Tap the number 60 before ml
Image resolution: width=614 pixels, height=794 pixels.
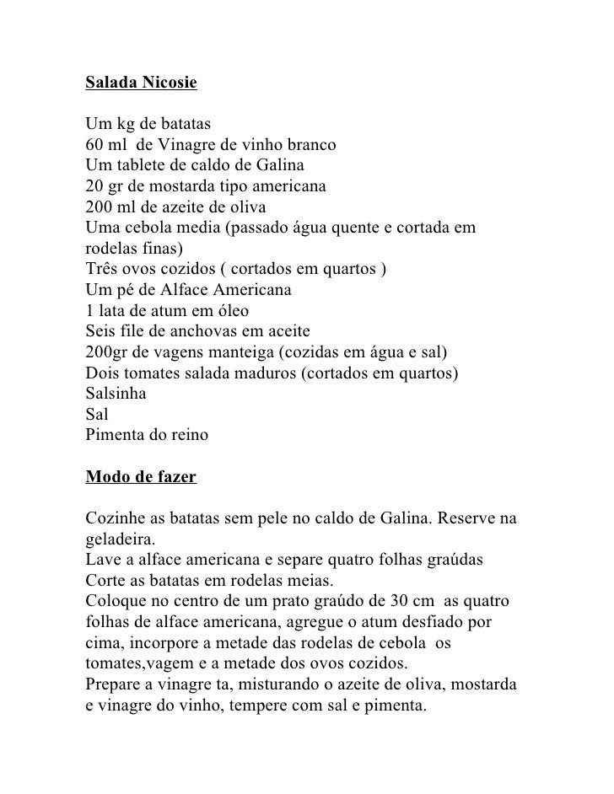(94, 144)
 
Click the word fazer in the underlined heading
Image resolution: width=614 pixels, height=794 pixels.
(173, 478)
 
